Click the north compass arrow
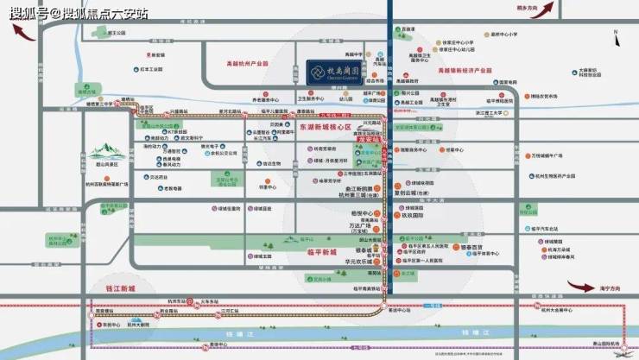coord(617,35)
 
